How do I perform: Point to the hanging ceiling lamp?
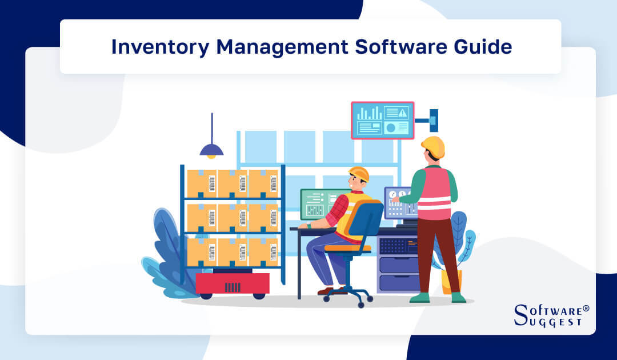211,150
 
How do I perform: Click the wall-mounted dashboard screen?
382,120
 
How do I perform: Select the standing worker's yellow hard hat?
434,146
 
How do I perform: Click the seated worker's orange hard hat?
359,173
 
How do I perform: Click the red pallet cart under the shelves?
233,283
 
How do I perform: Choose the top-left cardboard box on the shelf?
202,183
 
